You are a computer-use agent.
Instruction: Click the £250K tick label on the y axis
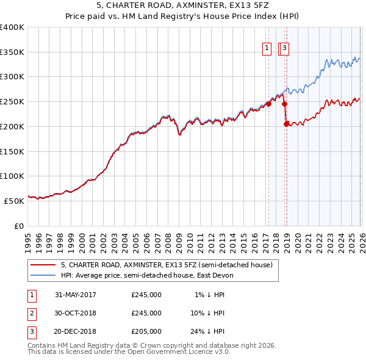[12, 102]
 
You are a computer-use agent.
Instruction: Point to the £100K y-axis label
[12, 176]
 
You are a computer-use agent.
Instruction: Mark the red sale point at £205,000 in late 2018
[286, 124]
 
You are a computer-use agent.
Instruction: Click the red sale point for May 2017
[268, 104]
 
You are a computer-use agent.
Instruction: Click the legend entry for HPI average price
[147, 275]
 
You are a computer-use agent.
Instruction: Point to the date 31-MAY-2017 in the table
[76, 295]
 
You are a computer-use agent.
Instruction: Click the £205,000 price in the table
[146, 332]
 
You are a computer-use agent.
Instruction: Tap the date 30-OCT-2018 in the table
[76, 313]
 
